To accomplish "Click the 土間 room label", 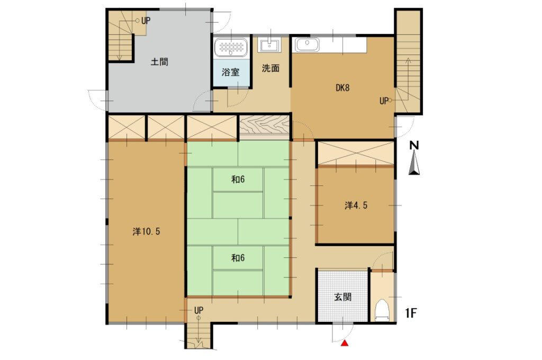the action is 159,62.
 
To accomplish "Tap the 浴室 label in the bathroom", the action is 231,73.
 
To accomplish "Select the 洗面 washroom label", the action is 270,68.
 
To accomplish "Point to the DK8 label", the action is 342,87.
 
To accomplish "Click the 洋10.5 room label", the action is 146,231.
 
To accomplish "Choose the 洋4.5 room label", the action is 356,205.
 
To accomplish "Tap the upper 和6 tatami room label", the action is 238,179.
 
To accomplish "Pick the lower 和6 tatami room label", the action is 238,258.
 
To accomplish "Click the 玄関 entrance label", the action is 342,296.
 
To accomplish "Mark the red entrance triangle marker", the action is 345,343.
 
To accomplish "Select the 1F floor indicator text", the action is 411,313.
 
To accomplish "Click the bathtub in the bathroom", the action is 231,47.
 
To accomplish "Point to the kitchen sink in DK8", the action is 306,45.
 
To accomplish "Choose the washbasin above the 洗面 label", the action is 269,44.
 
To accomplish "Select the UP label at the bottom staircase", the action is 198,310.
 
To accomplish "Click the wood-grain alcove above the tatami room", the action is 265,127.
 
